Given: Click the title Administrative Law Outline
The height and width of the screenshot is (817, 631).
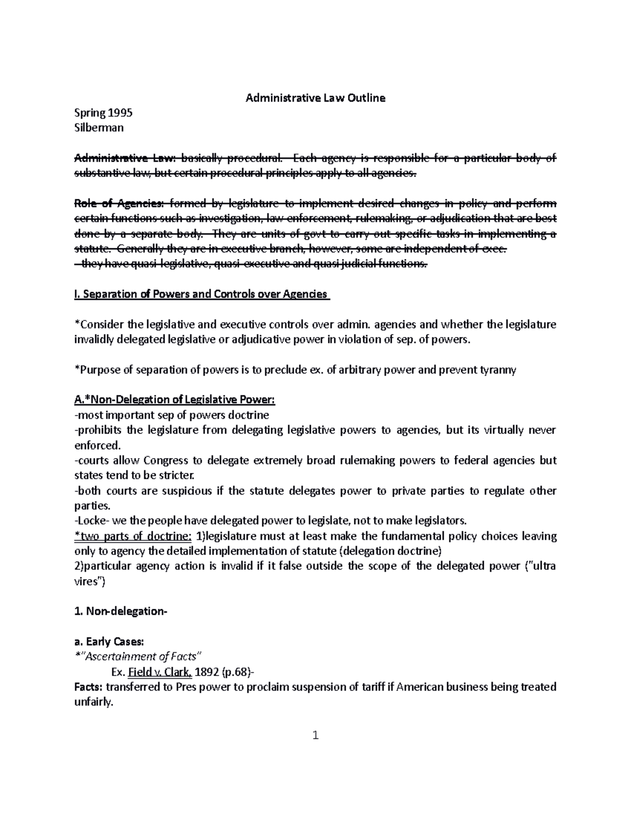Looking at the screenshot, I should tap(315, 98).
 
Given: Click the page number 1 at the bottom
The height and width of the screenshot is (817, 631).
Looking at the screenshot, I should tap(315, 735).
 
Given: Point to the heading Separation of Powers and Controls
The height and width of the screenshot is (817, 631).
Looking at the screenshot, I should tap(202, 294).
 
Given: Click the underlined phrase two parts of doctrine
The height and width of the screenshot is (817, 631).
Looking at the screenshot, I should tap(134, 536).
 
